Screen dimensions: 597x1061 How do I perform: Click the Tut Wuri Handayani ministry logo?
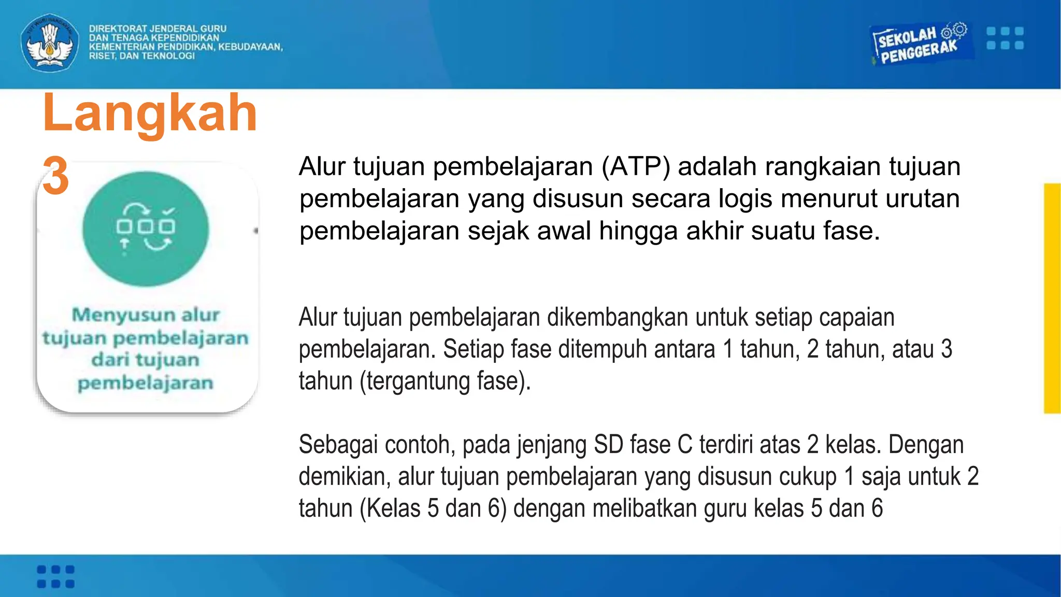[x=50, y=42]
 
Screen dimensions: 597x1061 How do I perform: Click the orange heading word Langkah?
[x=150, y=112]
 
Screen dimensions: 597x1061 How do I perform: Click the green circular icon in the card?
[x=146, y=229]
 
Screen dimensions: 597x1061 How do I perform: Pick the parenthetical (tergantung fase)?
[x=446, y=381]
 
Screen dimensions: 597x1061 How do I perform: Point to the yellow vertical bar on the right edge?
[x=1052, y=298]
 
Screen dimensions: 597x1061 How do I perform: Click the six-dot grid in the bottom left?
[x=56, y=577]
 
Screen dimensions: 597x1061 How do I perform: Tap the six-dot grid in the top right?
[x=1005, y=38]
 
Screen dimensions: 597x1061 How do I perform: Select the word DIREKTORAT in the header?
[x=118, y=29]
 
